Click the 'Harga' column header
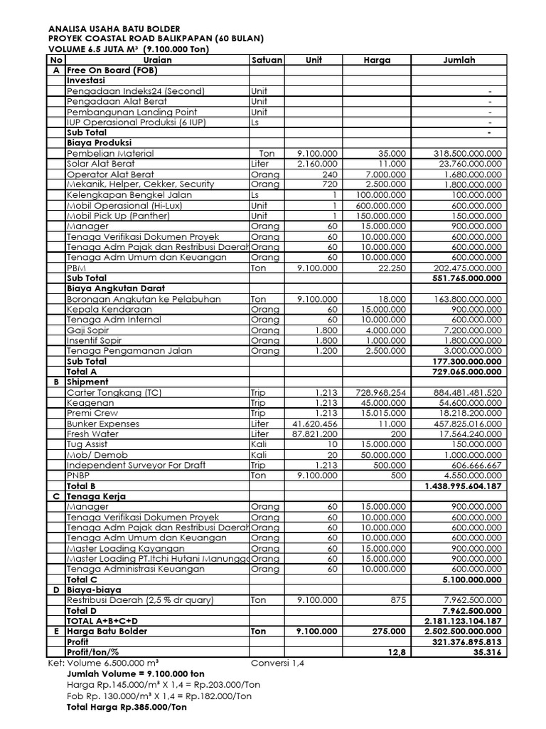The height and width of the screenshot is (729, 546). (377, 61)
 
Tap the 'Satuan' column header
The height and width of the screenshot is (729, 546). (267, 61)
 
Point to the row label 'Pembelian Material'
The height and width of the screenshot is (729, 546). (110, 153)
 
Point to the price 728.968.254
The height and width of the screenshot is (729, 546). (381, 392)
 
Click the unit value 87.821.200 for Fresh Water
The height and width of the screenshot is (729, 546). (315, 434)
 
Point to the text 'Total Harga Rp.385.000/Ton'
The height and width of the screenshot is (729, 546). (127, 708)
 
